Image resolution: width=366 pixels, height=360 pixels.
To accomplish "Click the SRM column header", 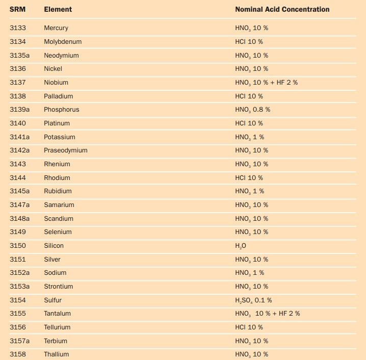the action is click(17, 9).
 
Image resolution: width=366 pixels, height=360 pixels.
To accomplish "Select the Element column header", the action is click(58, 9).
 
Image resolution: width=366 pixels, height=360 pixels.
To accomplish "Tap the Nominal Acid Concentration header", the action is click(282, 9).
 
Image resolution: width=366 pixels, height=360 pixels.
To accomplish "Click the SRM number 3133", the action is click(18, 28).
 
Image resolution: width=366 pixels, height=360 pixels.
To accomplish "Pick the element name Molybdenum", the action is click(63, 42).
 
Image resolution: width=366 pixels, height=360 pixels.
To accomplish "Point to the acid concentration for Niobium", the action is click(266, 83).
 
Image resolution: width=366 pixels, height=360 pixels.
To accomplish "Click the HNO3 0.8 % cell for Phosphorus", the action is click(252, 110).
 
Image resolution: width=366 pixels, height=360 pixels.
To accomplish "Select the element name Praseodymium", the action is click(66, 150).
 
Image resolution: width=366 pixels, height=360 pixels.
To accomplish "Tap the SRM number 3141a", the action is click(19, 137).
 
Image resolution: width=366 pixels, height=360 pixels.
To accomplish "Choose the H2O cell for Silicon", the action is click(241, 246).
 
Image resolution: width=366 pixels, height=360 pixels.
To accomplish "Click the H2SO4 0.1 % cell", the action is click(253, 300).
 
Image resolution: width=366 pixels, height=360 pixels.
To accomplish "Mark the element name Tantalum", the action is click(57, 313).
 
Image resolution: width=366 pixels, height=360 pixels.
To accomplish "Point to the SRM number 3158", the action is click(18, 354).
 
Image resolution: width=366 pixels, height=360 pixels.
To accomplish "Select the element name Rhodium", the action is click(57, 177).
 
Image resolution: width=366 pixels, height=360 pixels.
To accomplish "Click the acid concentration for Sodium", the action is click(250, 273).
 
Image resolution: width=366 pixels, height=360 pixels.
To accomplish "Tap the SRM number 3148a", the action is click(19, 219).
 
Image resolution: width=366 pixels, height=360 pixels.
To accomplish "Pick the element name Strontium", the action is click(58, 287).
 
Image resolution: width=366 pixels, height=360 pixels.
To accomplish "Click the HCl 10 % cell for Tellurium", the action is click(249, 327).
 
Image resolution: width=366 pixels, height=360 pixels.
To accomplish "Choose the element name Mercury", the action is click(56, 28).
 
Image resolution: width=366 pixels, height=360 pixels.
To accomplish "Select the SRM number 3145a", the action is click(19, 191).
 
